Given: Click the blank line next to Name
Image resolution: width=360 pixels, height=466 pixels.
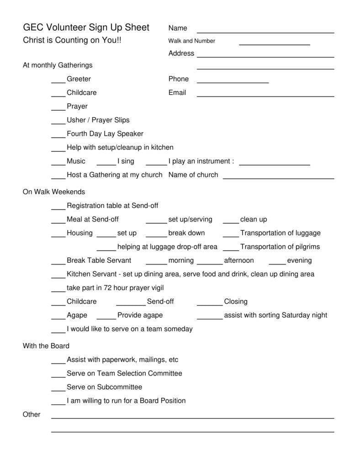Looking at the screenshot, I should [265, 32].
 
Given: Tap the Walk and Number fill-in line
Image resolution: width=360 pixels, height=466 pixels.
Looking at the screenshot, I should [274, 44].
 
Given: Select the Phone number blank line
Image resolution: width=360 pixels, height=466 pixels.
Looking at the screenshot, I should [233, 82].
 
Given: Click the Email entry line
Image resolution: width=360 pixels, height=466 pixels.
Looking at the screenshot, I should [265, 96].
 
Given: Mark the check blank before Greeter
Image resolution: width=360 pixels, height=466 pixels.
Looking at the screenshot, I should [58, 82].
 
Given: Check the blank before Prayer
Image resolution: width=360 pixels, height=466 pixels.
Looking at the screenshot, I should [58, 109].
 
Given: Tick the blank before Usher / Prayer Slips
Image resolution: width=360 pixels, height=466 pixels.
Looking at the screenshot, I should [58, 123].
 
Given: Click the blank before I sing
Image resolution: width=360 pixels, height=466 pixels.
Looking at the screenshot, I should [106, 164].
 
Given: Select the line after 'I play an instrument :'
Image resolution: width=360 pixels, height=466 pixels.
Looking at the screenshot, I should [274, 164].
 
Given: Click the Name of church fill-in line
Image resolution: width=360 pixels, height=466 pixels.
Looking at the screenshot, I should [278, 178].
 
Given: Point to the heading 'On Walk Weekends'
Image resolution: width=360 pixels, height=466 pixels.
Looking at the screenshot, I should [54, 192].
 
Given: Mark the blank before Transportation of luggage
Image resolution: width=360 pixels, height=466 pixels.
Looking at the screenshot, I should [231, 236].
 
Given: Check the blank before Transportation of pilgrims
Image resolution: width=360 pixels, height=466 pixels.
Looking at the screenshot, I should [231, 249].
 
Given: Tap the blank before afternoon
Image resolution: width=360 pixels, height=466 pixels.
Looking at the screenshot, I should [210, 263].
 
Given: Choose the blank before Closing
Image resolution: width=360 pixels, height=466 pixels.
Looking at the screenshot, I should [210, 304].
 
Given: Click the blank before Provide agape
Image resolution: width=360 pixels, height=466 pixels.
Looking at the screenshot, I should [106, 318].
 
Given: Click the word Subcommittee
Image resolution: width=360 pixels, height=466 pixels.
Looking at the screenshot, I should [119, 387].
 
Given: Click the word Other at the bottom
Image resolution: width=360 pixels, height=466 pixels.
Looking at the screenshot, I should [32, 414].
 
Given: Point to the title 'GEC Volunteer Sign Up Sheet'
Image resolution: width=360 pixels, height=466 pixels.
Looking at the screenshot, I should [86, 27].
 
